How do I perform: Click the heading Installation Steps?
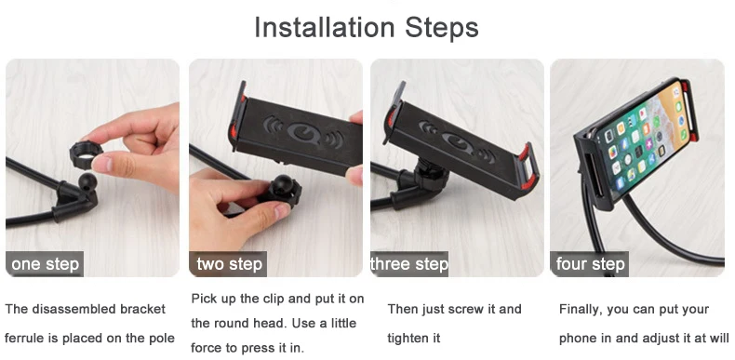[x=367, y=28]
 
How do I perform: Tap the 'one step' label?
[x=46, y=264]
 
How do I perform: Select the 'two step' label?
[x=231, y=264]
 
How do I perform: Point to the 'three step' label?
[x=409, y=264]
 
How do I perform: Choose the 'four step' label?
[x=590, y=264]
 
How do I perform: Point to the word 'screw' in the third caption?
[x=473, y=309]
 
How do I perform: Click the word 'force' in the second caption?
[x=207, y=349]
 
